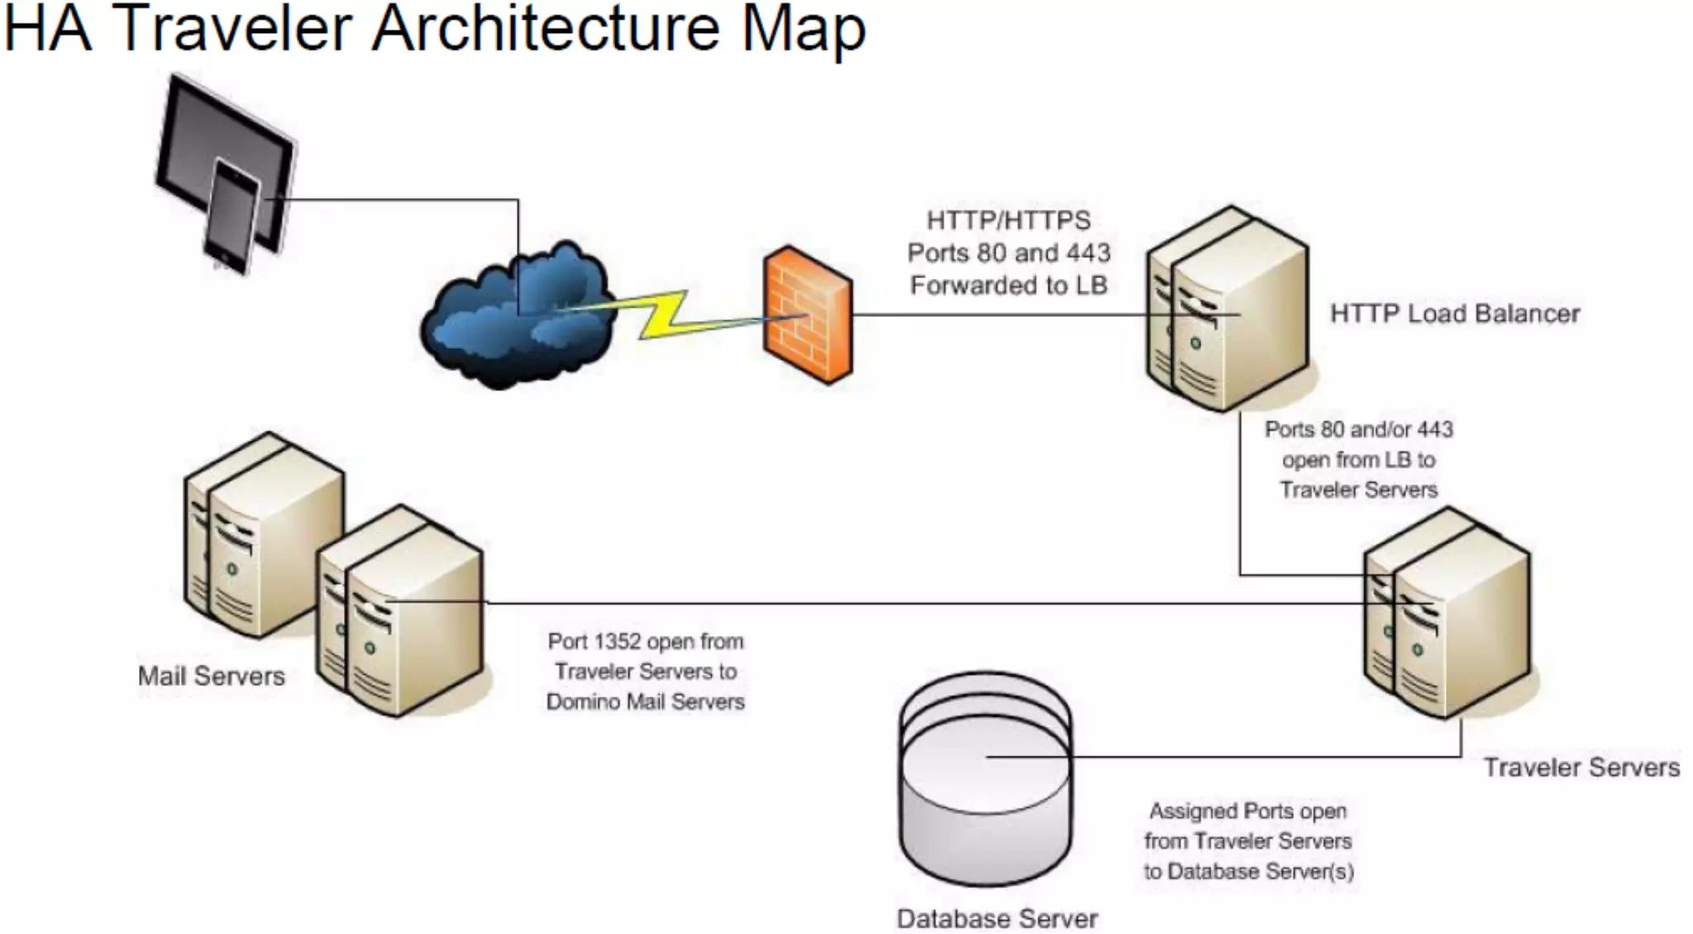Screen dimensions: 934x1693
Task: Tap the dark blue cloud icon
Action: coord(517,319)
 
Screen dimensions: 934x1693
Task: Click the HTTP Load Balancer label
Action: coord(1454,314)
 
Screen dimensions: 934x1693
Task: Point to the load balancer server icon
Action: coord(1228,310)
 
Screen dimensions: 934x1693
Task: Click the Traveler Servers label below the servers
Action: coord(1581,768)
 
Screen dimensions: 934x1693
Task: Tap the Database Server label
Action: coord(997,918)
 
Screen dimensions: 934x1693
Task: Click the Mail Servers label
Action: coord(211,677)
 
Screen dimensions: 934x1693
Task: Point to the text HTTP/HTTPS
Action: coord(1008,221)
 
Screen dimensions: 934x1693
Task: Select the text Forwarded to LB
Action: coord(1008,286)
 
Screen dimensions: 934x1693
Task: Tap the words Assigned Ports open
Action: coord(1247,812)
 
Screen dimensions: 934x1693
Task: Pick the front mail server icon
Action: coord(401,612)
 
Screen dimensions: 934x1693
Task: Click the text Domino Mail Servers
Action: coord(645,702)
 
